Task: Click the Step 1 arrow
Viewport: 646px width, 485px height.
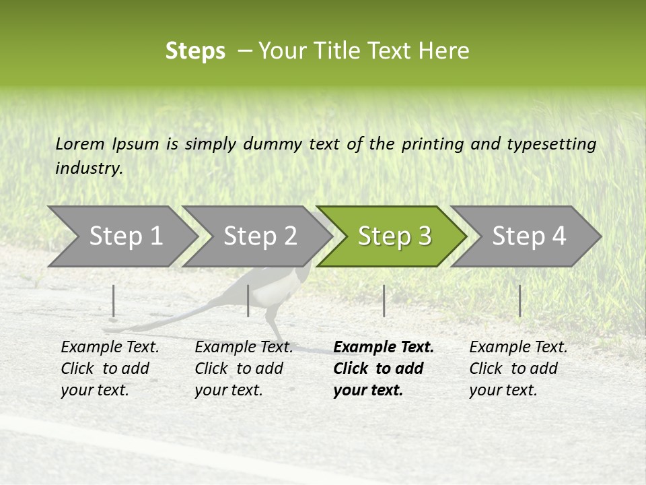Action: tap(124, 236)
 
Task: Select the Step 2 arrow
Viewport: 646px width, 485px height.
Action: tap(258, 236)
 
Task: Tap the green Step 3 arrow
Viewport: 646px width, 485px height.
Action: tap(393, 236)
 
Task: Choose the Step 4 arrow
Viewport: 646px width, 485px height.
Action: tap(528, 236)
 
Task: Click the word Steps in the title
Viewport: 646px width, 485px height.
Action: tap(195, 51)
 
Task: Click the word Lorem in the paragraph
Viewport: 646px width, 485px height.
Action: tap(80, 143)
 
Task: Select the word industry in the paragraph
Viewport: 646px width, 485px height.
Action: tap(88, 168)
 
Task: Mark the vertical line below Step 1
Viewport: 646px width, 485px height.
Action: tap(114, 300)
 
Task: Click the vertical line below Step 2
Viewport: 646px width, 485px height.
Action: tap(248, 300)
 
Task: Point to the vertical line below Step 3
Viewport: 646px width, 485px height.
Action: tap(384, 300)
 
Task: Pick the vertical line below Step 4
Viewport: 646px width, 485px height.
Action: tap(519, 300)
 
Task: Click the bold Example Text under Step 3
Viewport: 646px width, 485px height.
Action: tap(384, 348)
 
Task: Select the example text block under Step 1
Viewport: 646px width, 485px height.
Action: tap(110, 368)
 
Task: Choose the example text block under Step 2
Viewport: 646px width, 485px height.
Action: tap(244, 368)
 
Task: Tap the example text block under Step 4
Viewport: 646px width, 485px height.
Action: tap(518, 368)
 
